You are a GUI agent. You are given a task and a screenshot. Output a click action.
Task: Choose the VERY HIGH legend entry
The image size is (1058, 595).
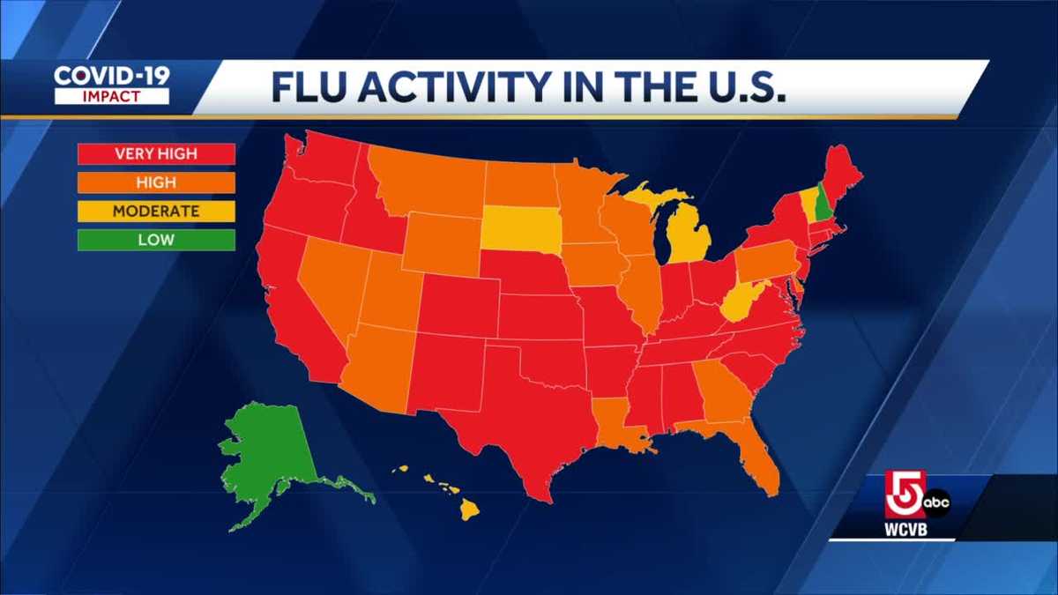(x=156, y=154)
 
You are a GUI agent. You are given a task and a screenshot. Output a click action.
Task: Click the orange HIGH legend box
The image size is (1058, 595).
(x=156, y=182)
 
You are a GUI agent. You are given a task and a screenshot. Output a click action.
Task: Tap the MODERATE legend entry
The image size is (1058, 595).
(x=156, y=211)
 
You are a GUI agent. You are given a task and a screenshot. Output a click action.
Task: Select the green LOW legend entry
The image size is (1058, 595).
(x=156, y=239)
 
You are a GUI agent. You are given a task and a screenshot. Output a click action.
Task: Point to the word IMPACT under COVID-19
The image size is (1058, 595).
(x=112, y=96)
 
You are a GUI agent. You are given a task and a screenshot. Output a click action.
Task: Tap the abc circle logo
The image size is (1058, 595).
(x=937, y=502)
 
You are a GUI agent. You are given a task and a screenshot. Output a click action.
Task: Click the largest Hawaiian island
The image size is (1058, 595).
(x=468, y=509)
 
